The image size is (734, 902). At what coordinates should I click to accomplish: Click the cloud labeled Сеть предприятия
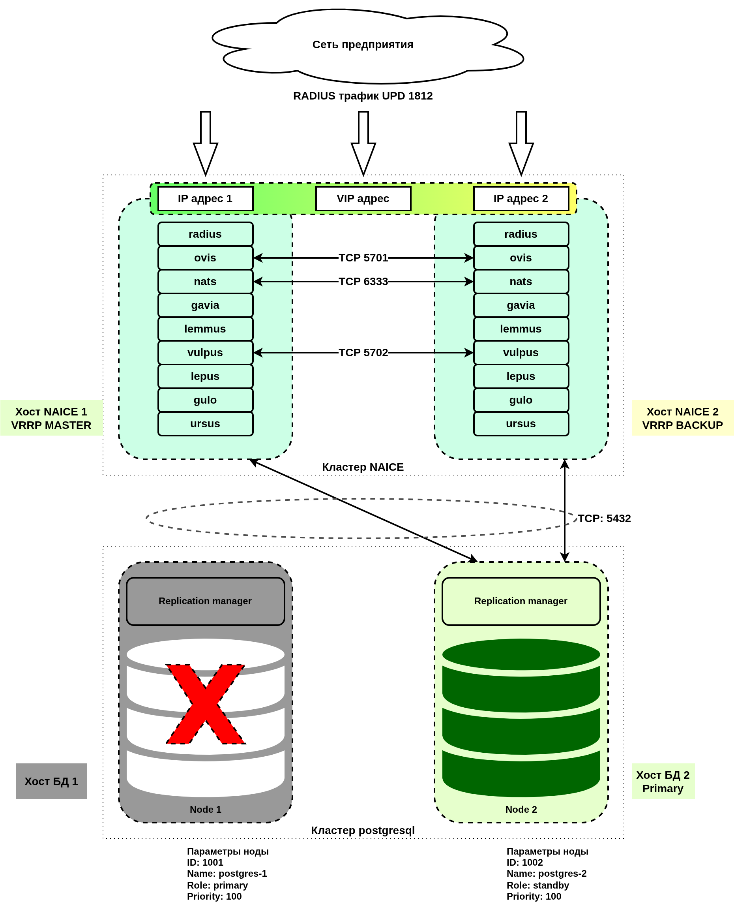click(x=363, y=45)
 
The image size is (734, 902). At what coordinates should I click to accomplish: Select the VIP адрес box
click(x=363, y=198)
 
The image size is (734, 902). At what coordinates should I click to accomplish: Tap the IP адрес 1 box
click(x=206, y=198)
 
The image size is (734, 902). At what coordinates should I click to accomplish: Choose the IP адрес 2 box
click(x=521, y=198)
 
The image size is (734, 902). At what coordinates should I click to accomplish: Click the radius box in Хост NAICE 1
click(x=206, y=234)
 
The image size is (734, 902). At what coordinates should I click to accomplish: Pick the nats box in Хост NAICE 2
click(x=521, y=281)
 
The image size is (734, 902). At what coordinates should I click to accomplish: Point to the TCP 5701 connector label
click(x=363, y=257)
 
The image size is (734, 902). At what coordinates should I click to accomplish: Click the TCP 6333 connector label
click(x=363, y=281)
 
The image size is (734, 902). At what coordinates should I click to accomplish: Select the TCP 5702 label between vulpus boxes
click(x=363, y=352)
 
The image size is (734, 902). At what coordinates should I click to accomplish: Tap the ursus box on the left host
click(x=206, y=423)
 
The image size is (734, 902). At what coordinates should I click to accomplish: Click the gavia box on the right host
click(x=521, y=305)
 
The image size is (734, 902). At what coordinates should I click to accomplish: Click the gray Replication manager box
click(x=206, y=601)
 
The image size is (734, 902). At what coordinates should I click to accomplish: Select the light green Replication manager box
click(x=521, y=601)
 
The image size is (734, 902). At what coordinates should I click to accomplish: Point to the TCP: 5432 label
click(x=604, y=518)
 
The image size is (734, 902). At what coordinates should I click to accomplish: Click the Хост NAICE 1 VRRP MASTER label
click(x=51, y=418)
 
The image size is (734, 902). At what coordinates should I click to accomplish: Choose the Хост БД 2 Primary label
click(x=663, y=782)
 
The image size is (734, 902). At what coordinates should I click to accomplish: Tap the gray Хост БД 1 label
click(x=51, y=782)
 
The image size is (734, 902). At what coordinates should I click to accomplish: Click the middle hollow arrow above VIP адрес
click(x=363, y=143)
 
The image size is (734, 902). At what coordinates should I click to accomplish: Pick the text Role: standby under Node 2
click(x=537, y=885)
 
